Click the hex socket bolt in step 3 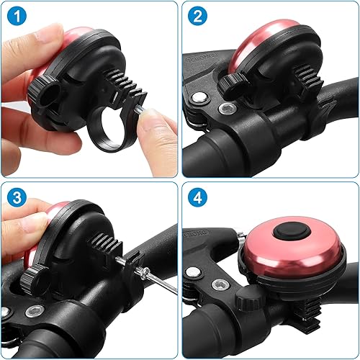tap(32, 311)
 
